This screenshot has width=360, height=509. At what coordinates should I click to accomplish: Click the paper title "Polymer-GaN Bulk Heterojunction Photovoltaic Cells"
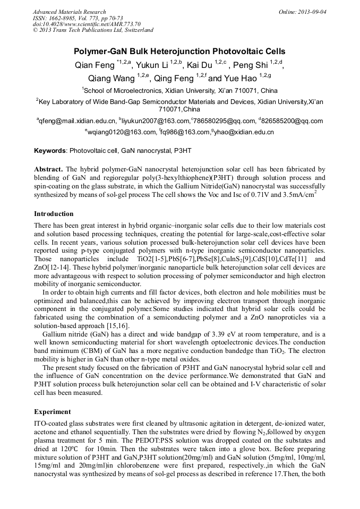coord(179,51)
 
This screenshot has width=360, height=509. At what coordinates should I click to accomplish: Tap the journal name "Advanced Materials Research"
coord(69,12)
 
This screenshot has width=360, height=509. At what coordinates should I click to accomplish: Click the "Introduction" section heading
coord(54,214)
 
